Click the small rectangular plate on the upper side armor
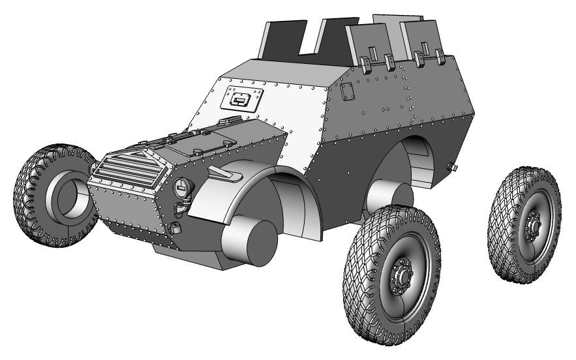[348, 92]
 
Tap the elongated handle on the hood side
[225, 173]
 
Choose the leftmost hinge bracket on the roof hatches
[365, 63]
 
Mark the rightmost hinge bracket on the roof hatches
[440, 57]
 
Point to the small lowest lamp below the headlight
[174, 228]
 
